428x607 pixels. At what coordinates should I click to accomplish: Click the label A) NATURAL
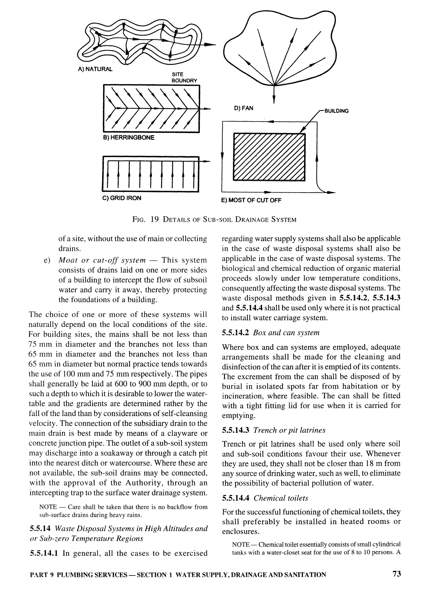click(x=95, y=69)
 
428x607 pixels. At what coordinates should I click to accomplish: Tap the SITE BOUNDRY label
click(x=184, y=77)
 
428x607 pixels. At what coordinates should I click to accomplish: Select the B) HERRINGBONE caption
click(x=129, y=138)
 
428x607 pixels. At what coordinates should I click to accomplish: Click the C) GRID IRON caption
click(x=122, y=198)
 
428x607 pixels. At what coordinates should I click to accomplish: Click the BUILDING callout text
click(x=336, y=111)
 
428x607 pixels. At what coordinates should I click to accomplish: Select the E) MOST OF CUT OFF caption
click(x=251, y=200)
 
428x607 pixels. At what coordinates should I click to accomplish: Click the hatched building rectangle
click(x=269, y=157)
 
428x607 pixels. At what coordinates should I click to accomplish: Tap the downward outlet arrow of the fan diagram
click(x=274, y=99)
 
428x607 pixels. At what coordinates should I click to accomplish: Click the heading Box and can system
click(x=286, y=333)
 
